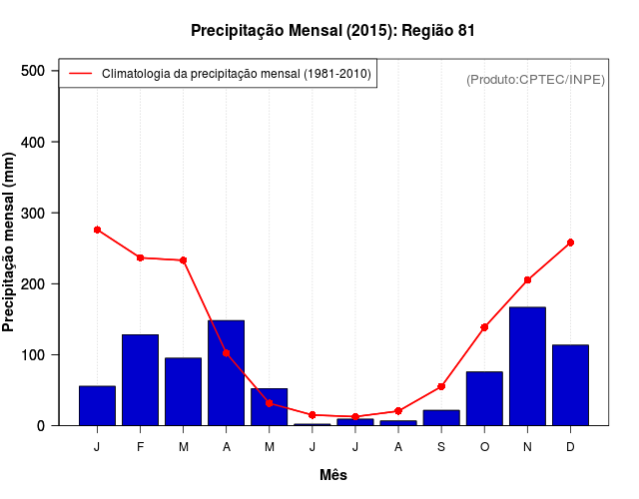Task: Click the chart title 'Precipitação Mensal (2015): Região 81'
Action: coord(332,31)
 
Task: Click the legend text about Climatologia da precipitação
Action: coord(237,73)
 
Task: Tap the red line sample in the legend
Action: coord(80,73)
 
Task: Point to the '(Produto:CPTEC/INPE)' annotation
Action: coord(536,79)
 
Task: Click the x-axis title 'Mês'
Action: coord(333,475)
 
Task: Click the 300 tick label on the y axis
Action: coord(33,213)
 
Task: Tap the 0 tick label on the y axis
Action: coord(40,425)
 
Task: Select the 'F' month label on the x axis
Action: coord(140,447)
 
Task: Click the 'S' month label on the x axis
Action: coord(441,447)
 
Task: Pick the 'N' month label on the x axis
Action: coord(527,447)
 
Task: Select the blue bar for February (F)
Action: coord(140,380)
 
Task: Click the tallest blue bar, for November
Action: coord(527,366)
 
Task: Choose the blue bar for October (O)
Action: coord(484,398)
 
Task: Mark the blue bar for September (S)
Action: coord(441,417)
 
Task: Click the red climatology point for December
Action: coord(570,243)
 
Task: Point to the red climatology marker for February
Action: coord(140,257)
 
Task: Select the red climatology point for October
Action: coord(484,327)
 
